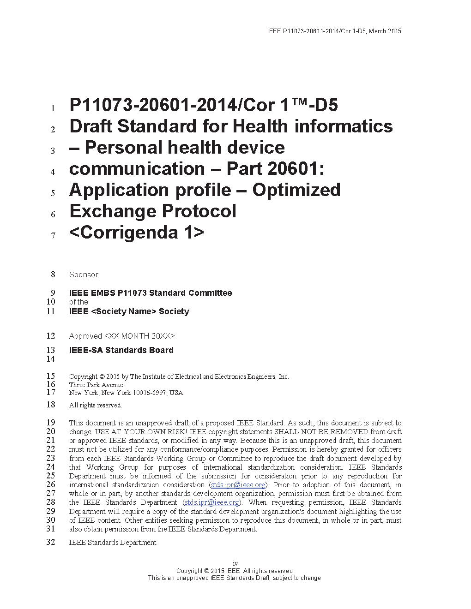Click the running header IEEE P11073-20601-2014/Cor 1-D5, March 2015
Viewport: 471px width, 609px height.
coord(334,31)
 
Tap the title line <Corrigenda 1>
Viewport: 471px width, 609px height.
coord(136,232)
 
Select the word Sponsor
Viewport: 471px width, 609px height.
coord(84,275)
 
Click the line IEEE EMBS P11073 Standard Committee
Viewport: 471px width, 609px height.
coord(151,293)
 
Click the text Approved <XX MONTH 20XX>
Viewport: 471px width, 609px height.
coord(122,336)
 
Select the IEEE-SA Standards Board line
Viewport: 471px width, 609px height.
coord(121,350)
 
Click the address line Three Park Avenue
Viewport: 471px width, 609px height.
coord(96,385)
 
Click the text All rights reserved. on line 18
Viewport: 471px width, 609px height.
coord(96,405)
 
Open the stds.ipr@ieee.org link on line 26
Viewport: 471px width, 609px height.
coord(238,485)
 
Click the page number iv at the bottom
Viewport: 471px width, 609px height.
coord(235,563)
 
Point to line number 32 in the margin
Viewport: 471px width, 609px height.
coord(51,542)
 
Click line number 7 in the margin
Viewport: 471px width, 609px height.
coord(53,236)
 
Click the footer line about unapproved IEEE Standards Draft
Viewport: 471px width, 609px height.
coord(234,578)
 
